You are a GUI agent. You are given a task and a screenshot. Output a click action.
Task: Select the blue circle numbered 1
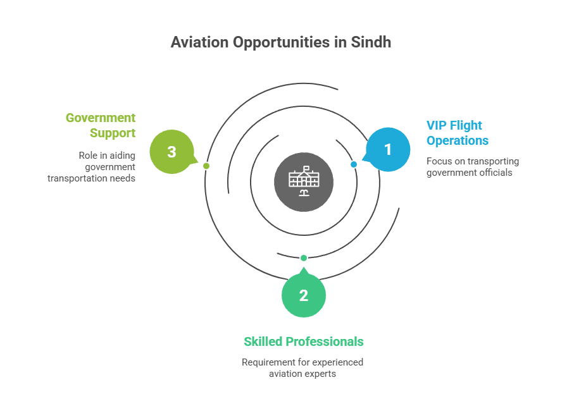(389, 149)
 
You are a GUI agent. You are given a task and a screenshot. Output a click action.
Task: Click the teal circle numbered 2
(304, 295)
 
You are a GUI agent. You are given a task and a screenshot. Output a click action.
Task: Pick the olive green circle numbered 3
(172, 152)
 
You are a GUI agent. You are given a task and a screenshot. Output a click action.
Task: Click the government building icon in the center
(304, 181)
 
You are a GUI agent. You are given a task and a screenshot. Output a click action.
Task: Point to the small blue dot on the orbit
(354, 164)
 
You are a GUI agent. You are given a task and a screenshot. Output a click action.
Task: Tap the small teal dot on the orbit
(304, 258)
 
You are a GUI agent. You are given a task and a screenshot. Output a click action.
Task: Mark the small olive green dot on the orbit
(206, 166)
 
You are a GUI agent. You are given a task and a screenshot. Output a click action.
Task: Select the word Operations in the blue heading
(458, 140)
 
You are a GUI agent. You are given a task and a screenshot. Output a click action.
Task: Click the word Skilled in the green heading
(263, 341)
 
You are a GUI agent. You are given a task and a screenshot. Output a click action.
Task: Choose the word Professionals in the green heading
(325, 341)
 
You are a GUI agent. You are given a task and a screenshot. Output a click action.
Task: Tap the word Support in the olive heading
(113, 133)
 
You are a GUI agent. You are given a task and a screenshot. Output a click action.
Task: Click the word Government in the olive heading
(101, 118)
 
